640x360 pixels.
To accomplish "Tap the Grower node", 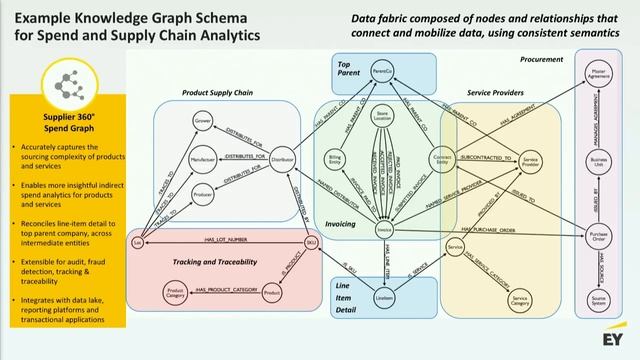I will point(202,122).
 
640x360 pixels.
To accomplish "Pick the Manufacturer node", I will point(203,158).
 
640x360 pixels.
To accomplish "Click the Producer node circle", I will point(203,194).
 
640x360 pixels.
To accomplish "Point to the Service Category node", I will point(518,298).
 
